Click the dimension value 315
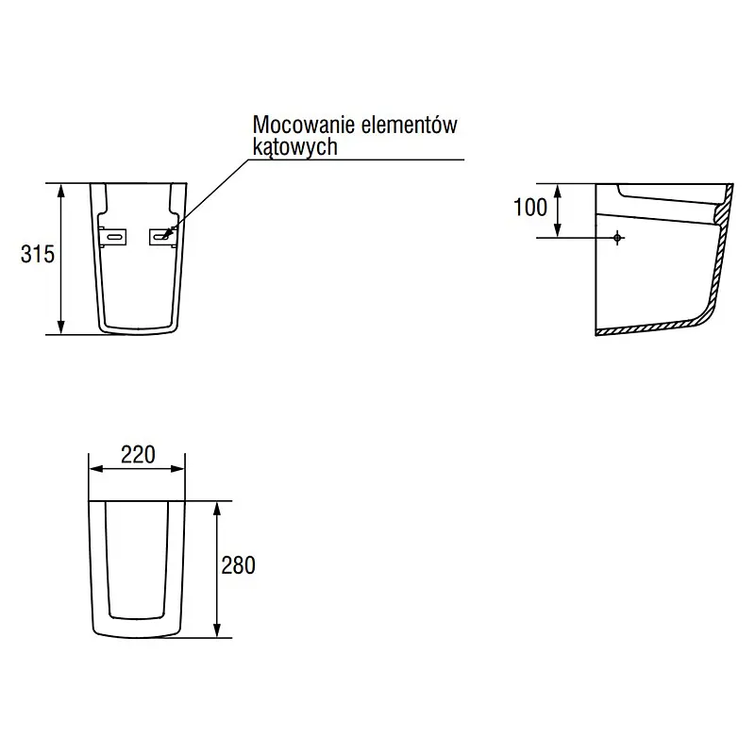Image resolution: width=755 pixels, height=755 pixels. click(x=38, y=254)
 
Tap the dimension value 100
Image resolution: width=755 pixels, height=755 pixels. click(x=530, y=208)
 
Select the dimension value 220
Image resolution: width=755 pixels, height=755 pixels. click(x=138, y=455)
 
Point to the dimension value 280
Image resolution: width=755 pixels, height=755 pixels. click(x=239, y=565)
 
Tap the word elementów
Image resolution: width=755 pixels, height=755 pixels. click(x=409, y=125)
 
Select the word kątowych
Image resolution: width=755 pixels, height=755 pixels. click(x=294, y=147)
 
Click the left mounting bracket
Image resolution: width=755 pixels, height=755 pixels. click(x=113, y=237)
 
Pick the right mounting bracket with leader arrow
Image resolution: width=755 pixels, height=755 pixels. click(x=163, y=237)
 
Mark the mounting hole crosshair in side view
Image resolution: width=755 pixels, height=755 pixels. click(x=617, y=238)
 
